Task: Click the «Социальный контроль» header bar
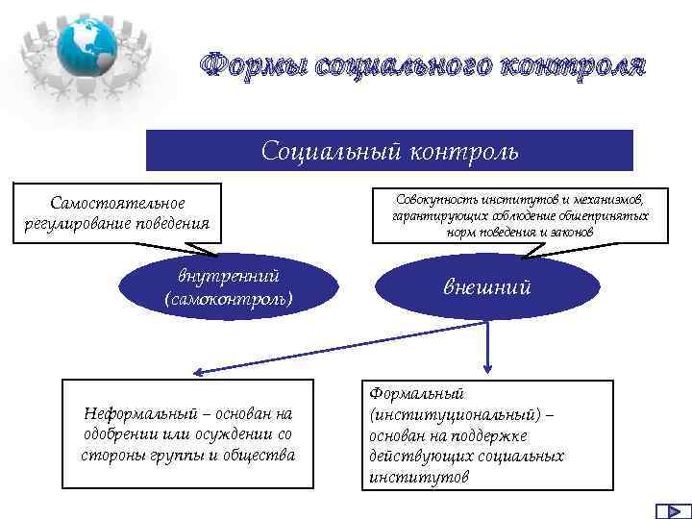tap(389, 151)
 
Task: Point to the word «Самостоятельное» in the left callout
tap(119, 203)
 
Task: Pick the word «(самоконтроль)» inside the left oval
tap(229, 299)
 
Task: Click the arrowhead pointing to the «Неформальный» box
tap(194, 372)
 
